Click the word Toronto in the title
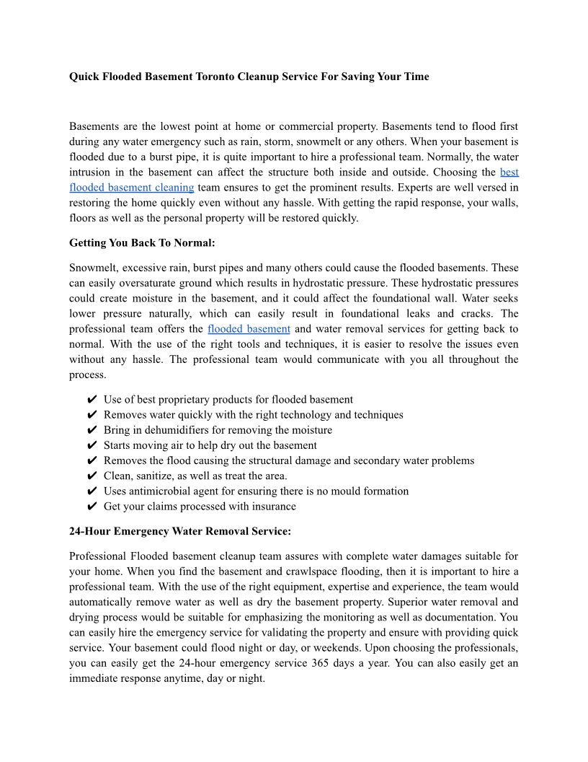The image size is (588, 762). click(217, 76)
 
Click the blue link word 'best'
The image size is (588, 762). click(509, 172)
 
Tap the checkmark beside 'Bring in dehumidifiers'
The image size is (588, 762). click(92, 430)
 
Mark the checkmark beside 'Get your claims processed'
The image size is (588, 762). click(92, 506)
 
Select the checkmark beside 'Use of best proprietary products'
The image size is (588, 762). click(92, 400)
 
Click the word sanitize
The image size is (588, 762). click(157, 476)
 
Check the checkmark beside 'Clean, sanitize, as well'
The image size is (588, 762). click(92, 476)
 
